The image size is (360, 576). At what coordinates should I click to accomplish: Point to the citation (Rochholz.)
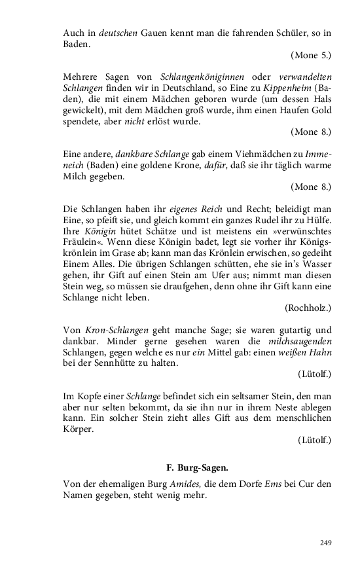(x=308, y=307)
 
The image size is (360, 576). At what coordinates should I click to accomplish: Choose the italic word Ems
(x=275, y=484)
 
